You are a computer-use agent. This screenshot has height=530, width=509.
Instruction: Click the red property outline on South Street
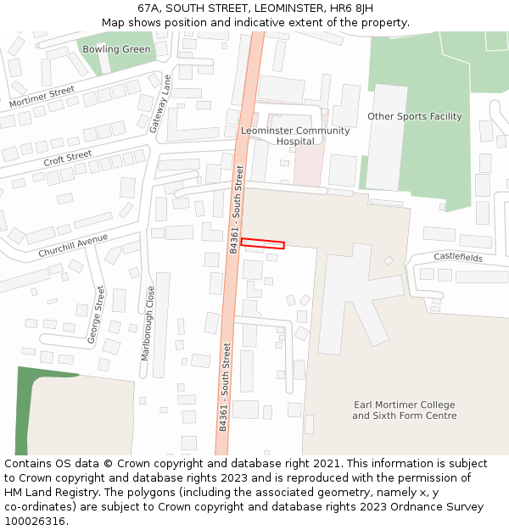(x=262, y=243)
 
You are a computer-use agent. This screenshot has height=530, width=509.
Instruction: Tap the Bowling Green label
(x=116, y=49)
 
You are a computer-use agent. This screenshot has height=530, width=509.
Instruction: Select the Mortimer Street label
(x=42, y=97)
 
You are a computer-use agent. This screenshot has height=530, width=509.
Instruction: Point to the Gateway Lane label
(x=159, y=103)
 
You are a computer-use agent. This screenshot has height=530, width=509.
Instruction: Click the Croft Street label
(x=68, y=158)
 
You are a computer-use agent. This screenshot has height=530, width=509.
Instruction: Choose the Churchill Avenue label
(x=73, y=246)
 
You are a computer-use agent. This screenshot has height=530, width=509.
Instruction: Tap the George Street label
(x=96, y=315)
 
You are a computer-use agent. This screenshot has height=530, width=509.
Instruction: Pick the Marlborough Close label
(x=148, y=323)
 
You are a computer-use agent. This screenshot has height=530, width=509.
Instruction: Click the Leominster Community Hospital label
(x=295, y=136)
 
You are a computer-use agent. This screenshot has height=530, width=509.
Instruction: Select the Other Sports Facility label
(x=414, y=116)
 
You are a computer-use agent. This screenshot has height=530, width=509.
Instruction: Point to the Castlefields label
(x=457, y=257)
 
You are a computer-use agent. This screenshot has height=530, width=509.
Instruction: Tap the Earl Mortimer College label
(x=405, y=410)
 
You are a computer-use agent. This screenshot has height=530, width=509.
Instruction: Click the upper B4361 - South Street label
(x=237, y=209)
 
